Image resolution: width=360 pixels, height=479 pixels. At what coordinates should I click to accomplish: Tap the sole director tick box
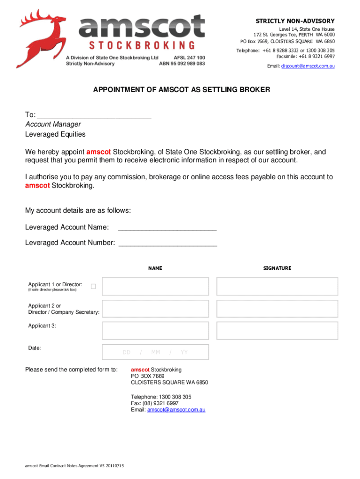coord(94,286)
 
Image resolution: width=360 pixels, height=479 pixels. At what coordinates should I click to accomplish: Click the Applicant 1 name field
coord(155,286)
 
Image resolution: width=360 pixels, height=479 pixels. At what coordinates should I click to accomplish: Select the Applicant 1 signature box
coord(277,286)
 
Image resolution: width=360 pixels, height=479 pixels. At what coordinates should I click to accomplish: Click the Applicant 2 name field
coord(155,309)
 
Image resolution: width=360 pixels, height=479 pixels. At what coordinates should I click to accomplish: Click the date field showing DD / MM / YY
coord(155,352)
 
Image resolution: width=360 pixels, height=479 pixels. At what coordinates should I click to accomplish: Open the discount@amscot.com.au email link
coord(307,66)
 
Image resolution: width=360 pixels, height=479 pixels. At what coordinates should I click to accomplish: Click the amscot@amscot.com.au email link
coord(176,410)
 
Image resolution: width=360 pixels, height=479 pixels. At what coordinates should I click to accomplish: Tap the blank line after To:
coord(94,116)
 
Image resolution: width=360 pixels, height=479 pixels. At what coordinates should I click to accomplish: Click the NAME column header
coord(155,269)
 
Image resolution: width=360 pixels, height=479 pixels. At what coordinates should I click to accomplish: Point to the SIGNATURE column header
coord(277,269)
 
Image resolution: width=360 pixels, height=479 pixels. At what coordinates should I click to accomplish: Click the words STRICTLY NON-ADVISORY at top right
coord(295,21)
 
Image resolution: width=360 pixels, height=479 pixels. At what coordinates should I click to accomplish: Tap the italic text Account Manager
coord(53,124)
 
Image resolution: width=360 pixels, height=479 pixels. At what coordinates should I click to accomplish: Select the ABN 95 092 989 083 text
coord(182,64)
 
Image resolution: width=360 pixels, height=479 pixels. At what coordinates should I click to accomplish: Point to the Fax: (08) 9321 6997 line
coord(155,403)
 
